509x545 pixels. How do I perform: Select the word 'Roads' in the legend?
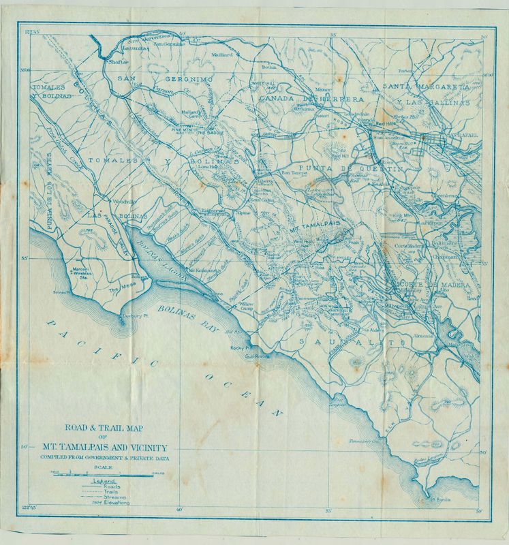(110, 487)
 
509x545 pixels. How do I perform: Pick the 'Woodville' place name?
(110, 202)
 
